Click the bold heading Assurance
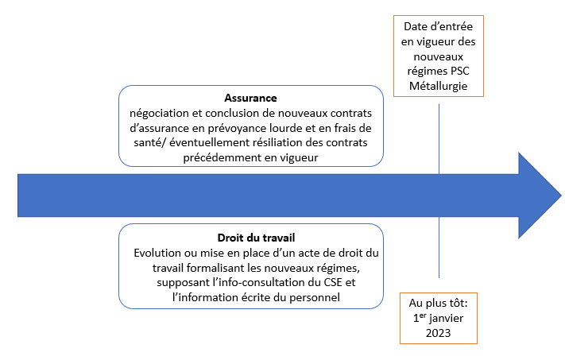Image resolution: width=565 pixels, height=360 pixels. (x=250, y=98)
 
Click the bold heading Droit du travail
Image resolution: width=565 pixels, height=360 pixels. (x=250, y=238)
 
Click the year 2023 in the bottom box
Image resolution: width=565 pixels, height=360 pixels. (x=439, y=333)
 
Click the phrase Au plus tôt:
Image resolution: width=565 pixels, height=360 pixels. (x=439, y=303)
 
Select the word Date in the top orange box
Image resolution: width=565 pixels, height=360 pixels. (x=417, y=26)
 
